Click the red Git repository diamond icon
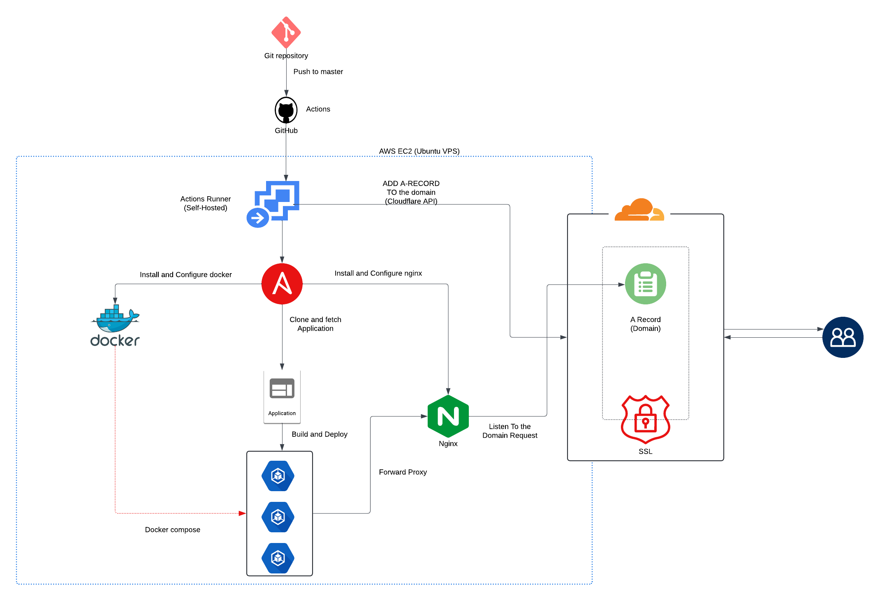286,32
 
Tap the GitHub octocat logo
286,110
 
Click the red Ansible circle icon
282,284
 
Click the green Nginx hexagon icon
448,416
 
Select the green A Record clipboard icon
645,284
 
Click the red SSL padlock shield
645,420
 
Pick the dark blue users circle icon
843,337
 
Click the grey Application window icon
282,388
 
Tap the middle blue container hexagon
278,517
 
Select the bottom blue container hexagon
278,558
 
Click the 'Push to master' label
318,72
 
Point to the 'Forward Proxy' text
403,472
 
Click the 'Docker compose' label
172,530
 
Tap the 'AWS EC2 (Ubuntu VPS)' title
419,151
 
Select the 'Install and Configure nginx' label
378,273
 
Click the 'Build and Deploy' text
320,434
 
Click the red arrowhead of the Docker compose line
242,513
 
